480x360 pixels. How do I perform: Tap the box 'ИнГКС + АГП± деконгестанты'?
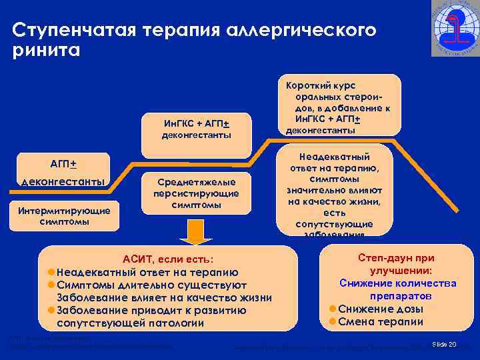pyautogui.click(x=197, y=129)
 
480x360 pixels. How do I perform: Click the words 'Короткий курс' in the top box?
pyautogui.click(x=321, y=86)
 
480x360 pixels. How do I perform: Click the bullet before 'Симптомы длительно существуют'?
pyautogui.click(x=51, y=285)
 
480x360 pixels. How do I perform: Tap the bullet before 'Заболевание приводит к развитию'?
pyautogui.click(x=51, y=310)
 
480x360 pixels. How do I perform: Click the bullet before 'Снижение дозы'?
pyautogui.click(x=333, y=308)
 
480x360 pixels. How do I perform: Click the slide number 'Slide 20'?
pyautogui.click(x=444, y=345)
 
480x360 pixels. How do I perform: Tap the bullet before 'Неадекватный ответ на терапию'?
pyautogui.click(x=51, y=272)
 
